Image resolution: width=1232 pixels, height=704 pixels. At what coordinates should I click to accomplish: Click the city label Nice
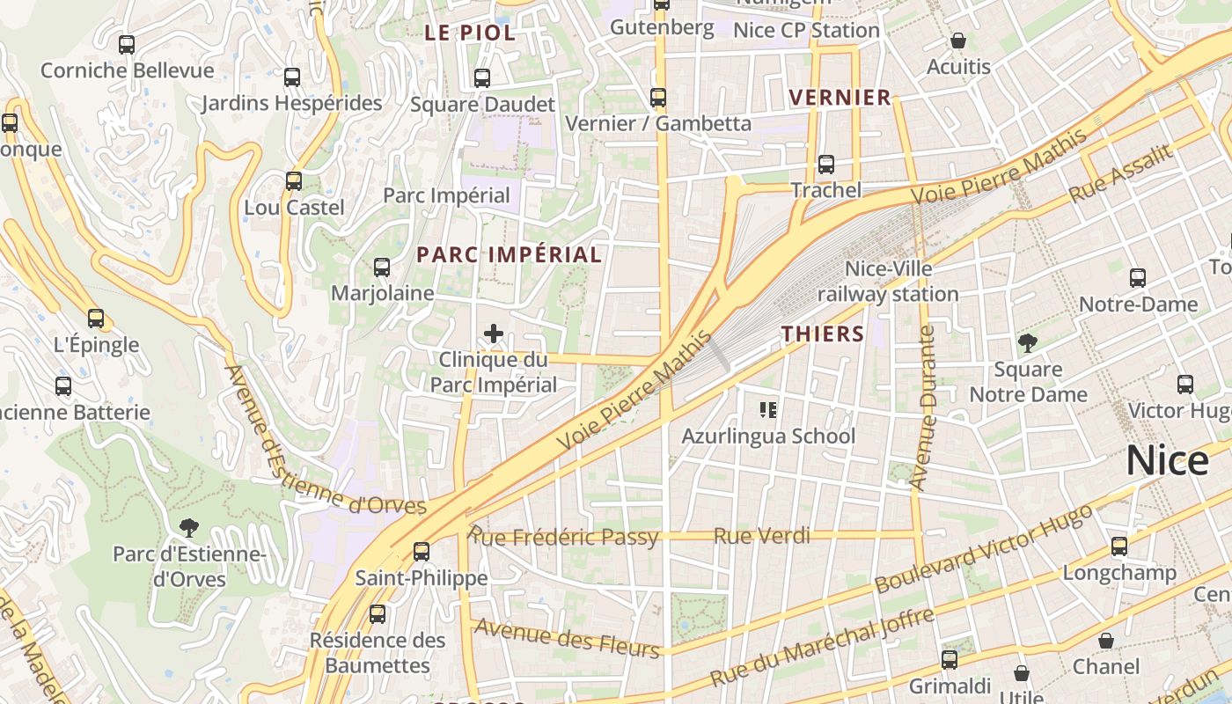click(1168, 460)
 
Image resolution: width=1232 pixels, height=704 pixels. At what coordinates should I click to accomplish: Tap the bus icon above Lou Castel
click(294, 181)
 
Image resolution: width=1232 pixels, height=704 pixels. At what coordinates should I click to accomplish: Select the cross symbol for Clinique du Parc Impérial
click(494, 334)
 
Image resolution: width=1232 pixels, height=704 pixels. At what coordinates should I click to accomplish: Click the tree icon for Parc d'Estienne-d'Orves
click(188, 528)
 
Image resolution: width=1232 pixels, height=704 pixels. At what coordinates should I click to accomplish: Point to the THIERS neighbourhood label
click(823, 334)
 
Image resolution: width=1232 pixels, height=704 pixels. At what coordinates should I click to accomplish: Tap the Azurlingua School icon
click(768, 409)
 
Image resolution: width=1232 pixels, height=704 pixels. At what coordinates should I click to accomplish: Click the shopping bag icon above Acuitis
click(958, 40)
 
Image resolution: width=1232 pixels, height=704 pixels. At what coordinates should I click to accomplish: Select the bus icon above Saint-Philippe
click(422, 552)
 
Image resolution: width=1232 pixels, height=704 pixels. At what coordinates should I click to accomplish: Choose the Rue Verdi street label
click(761, 535)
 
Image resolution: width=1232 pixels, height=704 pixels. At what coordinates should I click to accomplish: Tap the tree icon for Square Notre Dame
click(1027, 343)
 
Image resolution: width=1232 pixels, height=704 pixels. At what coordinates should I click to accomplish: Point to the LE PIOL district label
click(470, 33)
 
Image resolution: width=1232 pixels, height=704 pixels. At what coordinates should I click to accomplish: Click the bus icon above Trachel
click(825, 164)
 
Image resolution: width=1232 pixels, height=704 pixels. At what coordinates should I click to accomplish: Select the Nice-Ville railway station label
click(888, 281)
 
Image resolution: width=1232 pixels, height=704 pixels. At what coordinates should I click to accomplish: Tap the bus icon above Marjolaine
click(382, 268)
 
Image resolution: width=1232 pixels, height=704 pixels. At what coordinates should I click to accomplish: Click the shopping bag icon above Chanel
click(1106, 641)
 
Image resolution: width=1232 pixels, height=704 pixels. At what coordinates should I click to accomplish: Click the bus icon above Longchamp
click(1119, 546)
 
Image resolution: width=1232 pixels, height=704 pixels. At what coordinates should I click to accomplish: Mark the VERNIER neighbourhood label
click(840, 98)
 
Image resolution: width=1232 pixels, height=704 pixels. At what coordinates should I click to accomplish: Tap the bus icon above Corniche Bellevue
click(127, 44)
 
